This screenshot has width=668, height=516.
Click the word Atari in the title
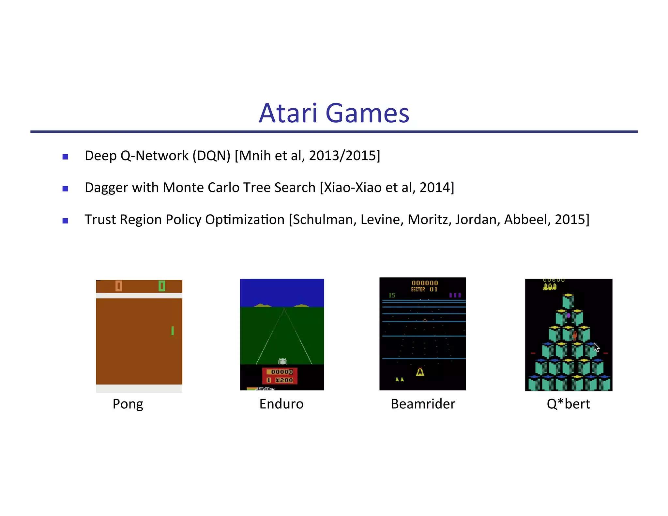click(288, 113)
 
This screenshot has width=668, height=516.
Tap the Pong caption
click(128, 404)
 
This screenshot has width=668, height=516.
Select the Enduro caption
click(281, 404)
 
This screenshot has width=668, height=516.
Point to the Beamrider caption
click(423, 404)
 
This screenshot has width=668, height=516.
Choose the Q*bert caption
click(568, 404)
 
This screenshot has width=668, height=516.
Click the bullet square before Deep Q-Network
click(65, 157)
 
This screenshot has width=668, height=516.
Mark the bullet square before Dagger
click(65, 189)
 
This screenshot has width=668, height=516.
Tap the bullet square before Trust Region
click(65, 221)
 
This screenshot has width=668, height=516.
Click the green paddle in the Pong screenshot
click(173, 331)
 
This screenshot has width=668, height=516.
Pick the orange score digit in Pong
click(119, 286)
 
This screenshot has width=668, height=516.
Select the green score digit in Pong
click(162, 286)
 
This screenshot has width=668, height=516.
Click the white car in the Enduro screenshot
click(282, 361)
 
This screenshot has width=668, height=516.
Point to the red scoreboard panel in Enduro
click(280, 376)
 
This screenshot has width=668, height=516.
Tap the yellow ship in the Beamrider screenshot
click(420, 372)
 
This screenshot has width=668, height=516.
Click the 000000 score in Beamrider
click(425, 283)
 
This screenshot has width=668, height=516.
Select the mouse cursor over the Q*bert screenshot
click(596, 347)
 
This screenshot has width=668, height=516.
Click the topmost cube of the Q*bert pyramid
click(568, 301)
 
